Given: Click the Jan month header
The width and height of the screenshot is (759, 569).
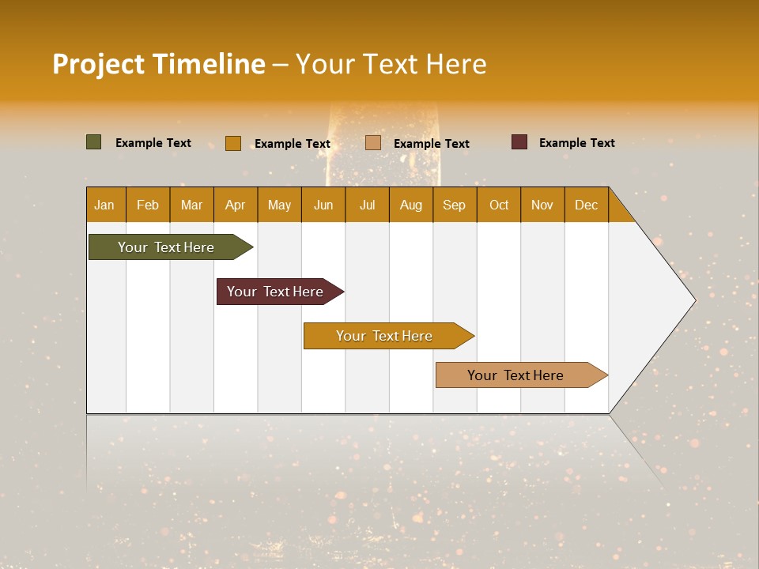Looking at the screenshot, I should [x=104, y=205].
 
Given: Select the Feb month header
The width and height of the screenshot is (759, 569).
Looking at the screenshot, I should [x=148, y=205].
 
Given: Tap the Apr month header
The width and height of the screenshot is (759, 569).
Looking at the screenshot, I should [x=235, y=205].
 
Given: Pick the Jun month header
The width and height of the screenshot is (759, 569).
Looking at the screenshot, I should [x=323, y=205].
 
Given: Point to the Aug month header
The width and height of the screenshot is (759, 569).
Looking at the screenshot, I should [x=410, y=205].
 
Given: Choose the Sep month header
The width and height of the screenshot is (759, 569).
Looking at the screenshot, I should [x=454, y=205].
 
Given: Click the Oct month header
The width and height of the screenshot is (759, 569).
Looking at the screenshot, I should [x=499, y=205].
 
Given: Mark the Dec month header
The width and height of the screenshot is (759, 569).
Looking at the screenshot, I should [x=586, y=205].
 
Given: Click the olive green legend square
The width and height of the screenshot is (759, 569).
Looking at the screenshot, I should [x=93, y=142].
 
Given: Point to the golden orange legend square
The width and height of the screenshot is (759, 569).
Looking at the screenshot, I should [x=232, y=143].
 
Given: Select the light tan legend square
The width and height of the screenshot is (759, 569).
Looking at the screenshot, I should [x=373, y=143].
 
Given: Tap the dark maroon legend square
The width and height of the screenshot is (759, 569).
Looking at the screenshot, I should [x=519, y=142].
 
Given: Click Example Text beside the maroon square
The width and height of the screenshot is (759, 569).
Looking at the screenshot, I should [x=576, y=143].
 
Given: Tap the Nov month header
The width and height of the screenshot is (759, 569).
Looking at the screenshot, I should [x=542, y=205].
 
